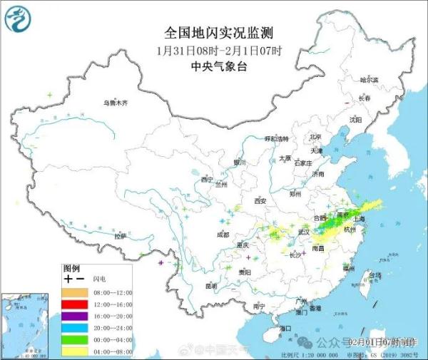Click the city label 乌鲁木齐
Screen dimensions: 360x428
pyautogui.click(x=116, y=103)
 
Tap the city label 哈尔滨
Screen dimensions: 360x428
pyautogui.click(x=369, y=80)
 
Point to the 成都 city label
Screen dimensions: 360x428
pyautogui.click(x=223, y=234)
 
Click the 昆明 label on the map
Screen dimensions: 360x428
pyautogui.click(x=210, y=285)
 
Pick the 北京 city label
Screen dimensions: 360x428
pyautogui.click(x=316, y=137)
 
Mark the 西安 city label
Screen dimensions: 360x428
pyautogui.click(x=260, y=202)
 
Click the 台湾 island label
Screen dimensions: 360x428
pyautogui.click(x=373, y=274)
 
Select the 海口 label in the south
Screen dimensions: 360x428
pyautogui.click(x=285, y=327)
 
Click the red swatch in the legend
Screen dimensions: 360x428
pyautogui.click(x=74, y=304)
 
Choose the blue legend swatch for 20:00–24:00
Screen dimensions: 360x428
pyautogui.click(x=74, y=329)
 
